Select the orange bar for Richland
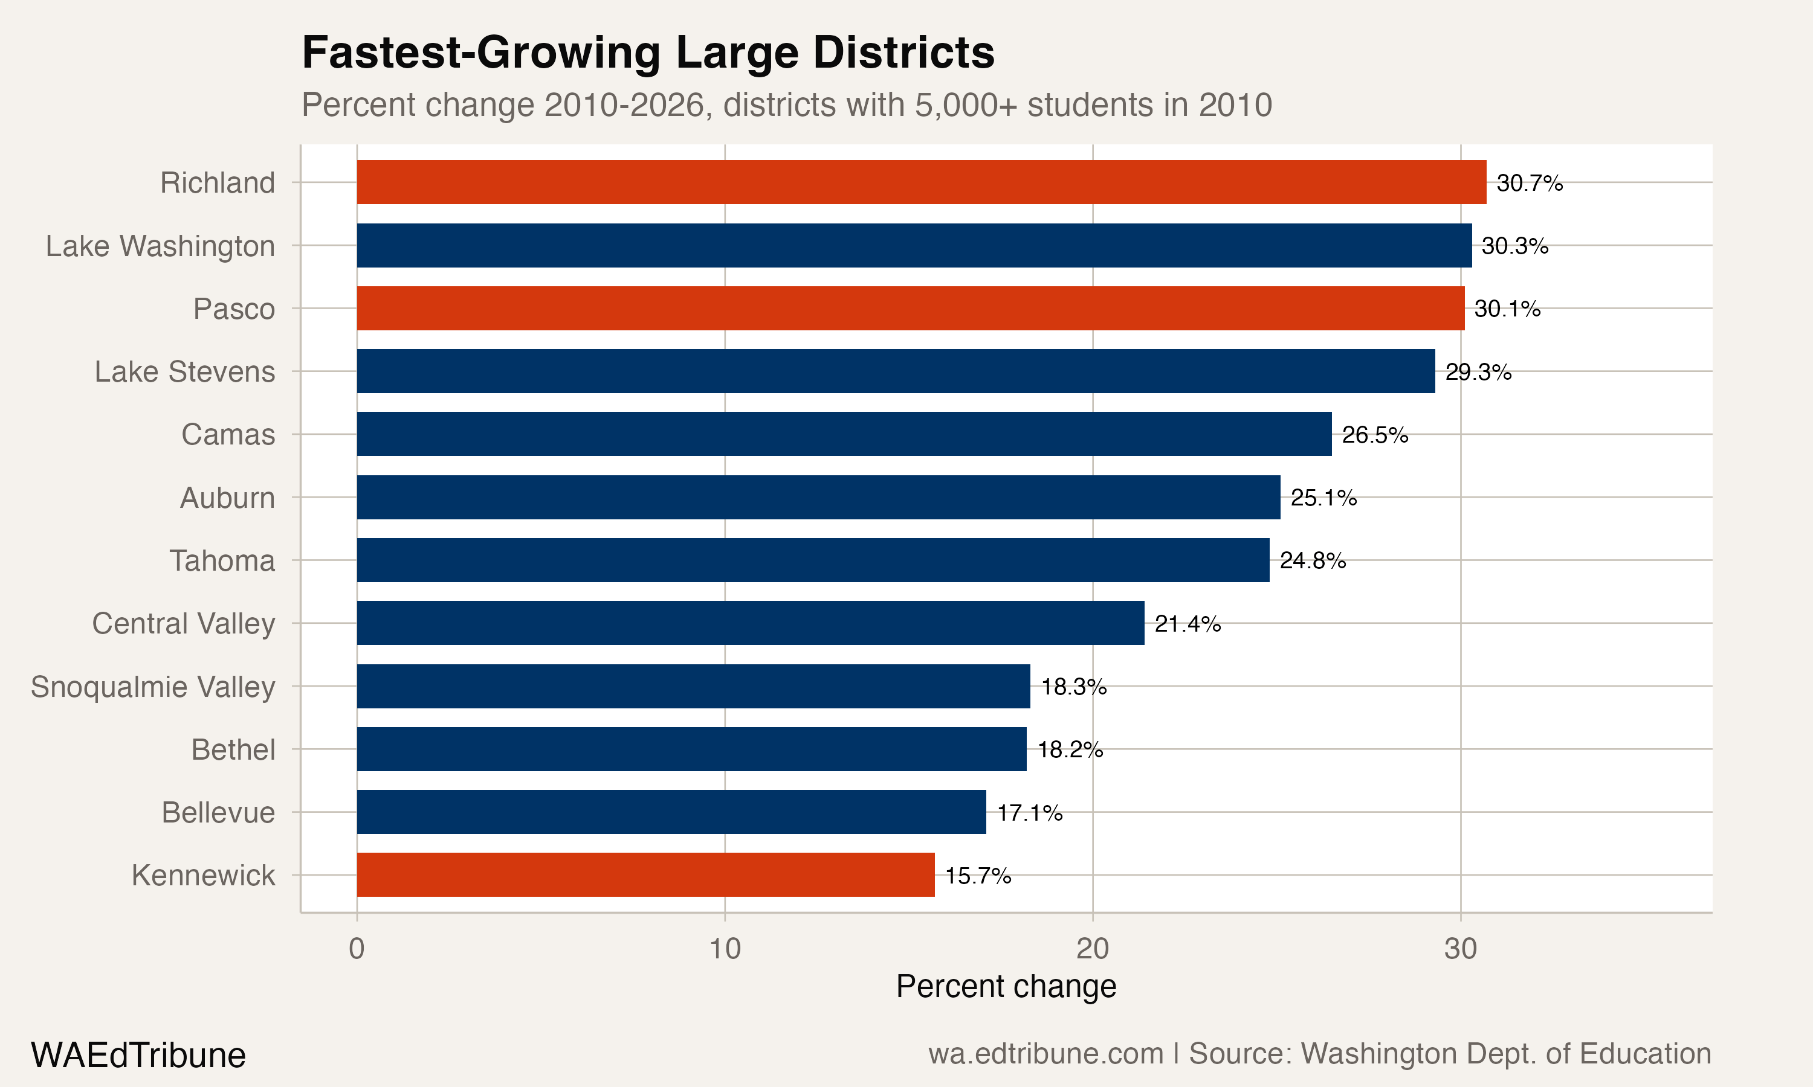pyautogui.click(x=921, y=182)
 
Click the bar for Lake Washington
pyautogui.click(x=914, y=245)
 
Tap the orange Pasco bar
pyautogui.click(x=910, y=309)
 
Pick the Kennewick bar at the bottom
pyautogui.click(x=645, y=874)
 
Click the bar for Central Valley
pyautogui.click(x=750, y=623)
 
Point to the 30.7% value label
pyautogui.click(x=1530, y=183)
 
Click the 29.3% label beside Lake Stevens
pyautogui.click(x=1478, y=372)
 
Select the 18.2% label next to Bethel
pyautogui.click(x=1070, y=749)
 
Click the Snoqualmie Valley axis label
pyautogui.click(x=152, y=687)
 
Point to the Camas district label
pyautogui.click(x=228, y=434)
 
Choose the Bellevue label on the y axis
pyautogui.click(x=218, y=812)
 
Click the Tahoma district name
pyautogui.click(x=222, y=560)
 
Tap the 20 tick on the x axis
pyautogui.click(x=1092, y=949)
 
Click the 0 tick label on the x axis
pyautogui.click(x=357, y=949)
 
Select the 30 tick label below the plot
pyautogui.click(x=1460, y=949)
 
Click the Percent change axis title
pyautogui.click(x=1006, y=987)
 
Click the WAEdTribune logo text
pyautogui.click(x=138, y=1056)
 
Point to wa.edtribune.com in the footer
pyautogui.click(x=1045, y=1054)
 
